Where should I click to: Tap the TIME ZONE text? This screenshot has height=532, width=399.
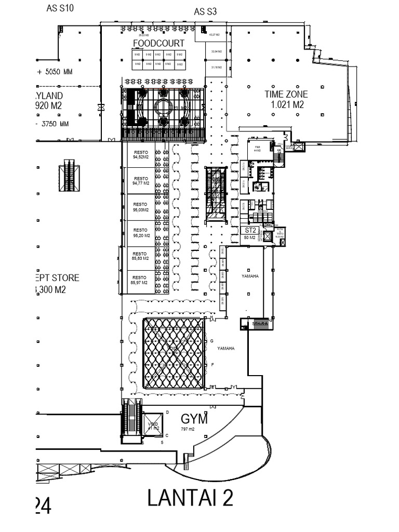click(286, 94)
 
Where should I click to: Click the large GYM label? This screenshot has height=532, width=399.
click(194, 419)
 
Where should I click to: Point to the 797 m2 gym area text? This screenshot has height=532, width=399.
click(188, 430)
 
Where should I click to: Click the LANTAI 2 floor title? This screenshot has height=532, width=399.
click(190, 498)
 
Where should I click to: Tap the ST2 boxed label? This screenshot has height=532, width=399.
click(250, 230)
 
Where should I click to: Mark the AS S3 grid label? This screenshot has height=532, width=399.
click(205, 11)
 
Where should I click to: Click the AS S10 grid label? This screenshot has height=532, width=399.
click(60, 8)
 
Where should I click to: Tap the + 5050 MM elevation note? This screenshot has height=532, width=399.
click(55, 72)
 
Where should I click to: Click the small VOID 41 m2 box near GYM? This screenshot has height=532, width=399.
click(153, 425)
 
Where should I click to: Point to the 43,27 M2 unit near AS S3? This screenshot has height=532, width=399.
click(214, 35)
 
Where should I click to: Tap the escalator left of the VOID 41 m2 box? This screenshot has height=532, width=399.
click(132, 420)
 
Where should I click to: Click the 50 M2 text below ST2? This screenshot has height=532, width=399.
click(250, 237)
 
